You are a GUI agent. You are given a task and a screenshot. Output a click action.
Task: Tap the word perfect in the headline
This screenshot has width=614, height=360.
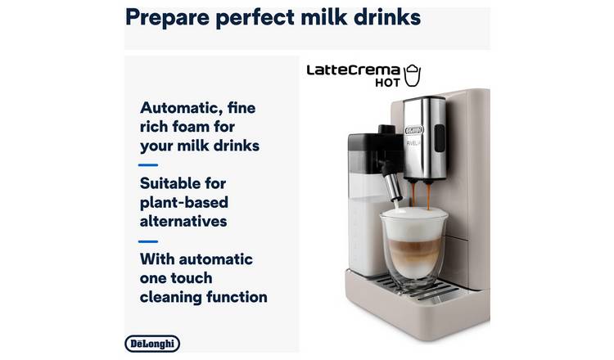pos(255,18)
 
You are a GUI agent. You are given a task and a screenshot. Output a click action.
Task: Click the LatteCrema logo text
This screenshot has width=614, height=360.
pos(353,70)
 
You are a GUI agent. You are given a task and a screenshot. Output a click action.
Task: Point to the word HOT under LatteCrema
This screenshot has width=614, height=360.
pos(388,83)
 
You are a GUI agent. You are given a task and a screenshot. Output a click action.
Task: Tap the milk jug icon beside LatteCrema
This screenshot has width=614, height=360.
pos(413,75)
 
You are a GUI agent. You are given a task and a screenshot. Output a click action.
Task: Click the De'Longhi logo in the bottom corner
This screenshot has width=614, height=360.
pos(152,344)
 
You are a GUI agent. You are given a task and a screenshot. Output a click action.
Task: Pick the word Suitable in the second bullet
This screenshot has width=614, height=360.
pos(183,183)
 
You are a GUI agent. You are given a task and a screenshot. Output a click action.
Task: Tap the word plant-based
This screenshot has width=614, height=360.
pos(184,203)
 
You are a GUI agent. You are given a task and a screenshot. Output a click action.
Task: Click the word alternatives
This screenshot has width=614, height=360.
pos(183,222)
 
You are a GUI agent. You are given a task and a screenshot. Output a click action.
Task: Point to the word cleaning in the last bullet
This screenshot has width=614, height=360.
pos(170,297)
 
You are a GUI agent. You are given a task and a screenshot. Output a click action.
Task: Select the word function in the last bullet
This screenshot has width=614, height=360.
pos(237,297)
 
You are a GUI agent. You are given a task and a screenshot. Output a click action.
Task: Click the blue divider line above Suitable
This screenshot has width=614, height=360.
pos(148,165)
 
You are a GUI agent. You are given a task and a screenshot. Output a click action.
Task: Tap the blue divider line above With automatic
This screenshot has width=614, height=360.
pos(148,241)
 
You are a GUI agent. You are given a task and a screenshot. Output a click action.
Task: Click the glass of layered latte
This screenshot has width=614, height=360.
pos(413,246)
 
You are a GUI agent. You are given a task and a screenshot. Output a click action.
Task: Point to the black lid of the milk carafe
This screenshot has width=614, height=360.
pos(375,143)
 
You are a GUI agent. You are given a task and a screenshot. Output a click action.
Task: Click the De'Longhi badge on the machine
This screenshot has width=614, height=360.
pos(414,130)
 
